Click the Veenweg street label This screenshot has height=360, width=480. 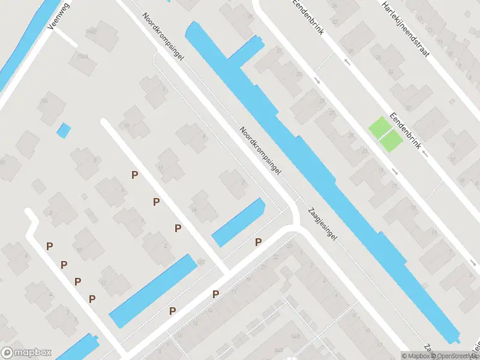click(x=62, y=13)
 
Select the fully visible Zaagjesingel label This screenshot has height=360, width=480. click(x=323, y=224)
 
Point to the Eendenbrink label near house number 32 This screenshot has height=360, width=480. click(x=308, y=17)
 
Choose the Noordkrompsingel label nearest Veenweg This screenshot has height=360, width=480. click(x=163, y=37)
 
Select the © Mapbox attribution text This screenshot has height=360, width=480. click(x=415, y=356)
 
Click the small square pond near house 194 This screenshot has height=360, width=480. click(x=63, y=130)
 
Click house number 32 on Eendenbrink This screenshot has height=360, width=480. click(x=335, y=22)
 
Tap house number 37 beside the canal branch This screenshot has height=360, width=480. click(x=278, y=51)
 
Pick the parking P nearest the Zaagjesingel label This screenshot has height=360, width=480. click(x=259, y=242)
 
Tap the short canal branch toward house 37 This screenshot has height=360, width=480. click(x=246, y=49)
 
